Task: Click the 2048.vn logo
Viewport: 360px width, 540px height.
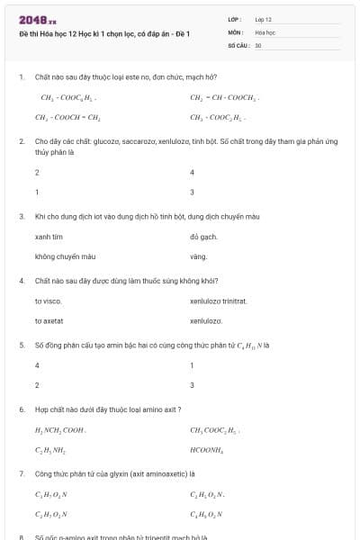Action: point(37,20)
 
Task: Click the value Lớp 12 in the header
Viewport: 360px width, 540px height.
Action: point(263,19)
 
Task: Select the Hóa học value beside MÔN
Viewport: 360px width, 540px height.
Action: point(265,31)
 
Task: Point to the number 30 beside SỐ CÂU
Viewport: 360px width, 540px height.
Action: point(258,44)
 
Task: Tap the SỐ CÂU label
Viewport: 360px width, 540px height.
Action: point(238,44)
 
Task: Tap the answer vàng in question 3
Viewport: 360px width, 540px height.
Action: point(198,256)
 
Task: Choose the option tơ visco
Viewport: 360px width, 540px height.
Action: point(48,301)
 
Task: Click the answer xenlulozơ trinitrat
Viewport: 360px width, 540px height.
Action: point(218,301)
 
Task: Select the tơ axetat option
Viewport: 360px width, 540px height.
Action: point(49,320)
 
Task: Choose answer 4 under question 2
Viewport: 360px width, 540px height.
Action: point(193,172)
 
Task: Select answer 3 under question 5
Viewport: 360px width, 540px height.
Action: point(193,384)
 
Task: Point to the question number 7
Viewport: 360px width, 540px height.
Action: point(22,472)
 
